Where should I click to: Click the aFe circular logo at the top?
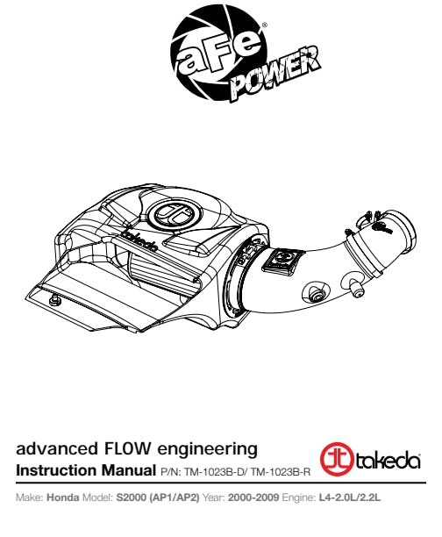pyautogui.click(x=218, y=54)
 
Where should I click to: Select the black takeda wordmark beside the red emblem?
pyautogui.click(x=388, y=461)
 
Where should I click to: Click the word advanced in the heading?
pyautogui.click(x=57, y=448)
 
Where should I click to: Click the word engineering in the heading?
pyautogui.click(x=207, y=449)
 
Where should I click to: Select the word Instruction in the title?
pyautogui.click(x=56, y=470)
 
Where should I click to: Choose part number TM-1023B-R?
pyautogui.click(x=280, y=472)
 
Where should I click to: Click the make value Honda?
pyautogui.click(x=62, y=498)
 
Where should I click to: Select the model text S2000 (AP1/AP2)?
pyautogui.click(x=158, y=498)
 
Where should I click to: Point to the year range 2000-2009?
pyautogui.click(x=253, y=498)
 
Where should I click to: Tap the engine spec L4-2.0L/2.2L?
pyautogui.click(x=350, y=498)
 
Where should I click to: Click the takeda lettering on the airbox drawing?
pyautogui.click(x=140, y=240)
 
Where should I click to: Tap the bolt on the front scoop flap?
pyautogui.click(x=54, y=301)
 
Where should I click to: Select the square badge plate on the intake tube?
pyautogui.click(x=282, y=262)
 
